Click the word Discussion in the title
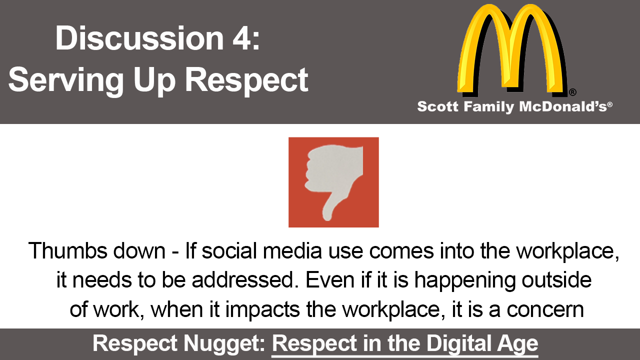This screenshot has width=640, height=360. pos(139,38)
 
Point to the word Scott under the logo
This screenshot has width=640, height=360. pos(437,106)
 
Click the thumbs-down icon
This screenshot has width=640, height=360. pos(333,182)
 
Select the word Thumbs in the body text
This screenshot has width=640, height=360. pos(68,251)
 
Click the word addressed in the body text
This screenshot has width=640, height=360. pos(243,280)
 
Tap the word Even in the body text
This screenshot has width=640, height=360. pos(330,280)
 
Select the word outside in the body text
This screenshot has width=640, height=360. pos(556,280)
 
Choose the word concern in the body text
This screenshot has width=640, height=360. pos(545,310)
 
